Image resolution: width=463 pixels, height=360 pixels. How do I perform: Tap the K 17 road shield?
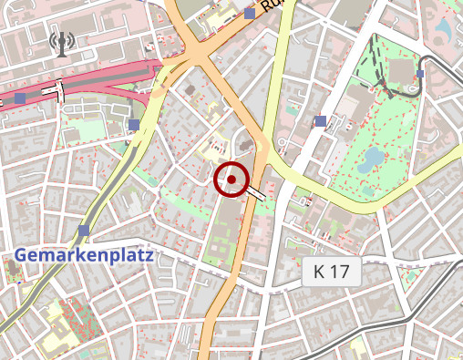click(332, 271)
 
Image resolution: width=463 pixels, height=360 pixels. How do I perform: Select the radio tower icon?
click(62, 44)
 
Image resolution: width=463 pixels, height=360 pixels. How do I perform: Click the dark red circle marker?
click(231, 180)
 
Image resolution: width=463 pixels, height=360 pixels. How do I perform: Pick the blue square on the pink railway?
click(20, 98)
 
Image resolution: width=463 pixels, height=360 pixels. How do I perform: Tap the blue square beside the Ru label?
click(250, 14)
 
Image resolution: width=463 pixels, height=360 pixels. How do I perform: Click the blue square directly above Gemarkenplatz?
click(84, 231)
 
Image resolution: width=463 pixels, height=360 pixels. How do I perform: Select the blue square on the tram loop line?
click(420, 74)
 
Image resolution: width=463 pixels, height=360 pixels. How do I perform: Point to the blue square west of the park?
click(320, 121)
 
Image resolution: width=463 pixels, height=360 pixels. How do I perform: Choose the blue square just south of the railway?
click(134, 125)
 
